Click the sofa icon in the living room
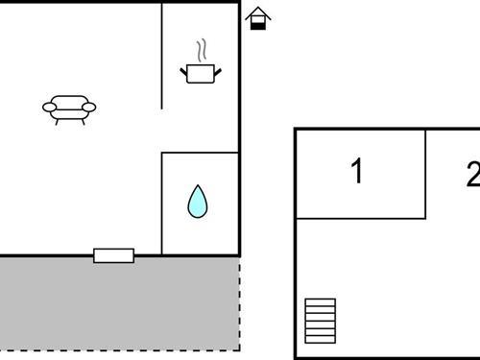(x=70, y=108)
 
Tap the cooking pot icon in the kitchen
(x=200, y=73)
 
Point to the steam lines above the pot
(x=201, y=50)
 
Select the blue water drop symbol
(x=198, y=202)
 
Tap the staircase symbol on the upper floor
(x=321, y=320)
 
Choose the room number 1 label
(x=357, y=173)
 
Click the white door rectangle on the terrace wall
(x=113, y=254)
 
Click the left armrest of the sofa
(x=49, y=108)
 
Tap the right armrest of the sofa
(x=92, y=108)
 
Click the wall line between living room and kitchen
(x=161, y=58)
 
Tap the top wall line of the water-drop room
(x=200, y=152)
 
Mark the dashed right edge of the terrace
(x=239, y=302)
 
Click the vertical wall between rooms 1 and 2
(x=425, y=173)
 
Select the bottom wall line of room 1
(x=360, y=218)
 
